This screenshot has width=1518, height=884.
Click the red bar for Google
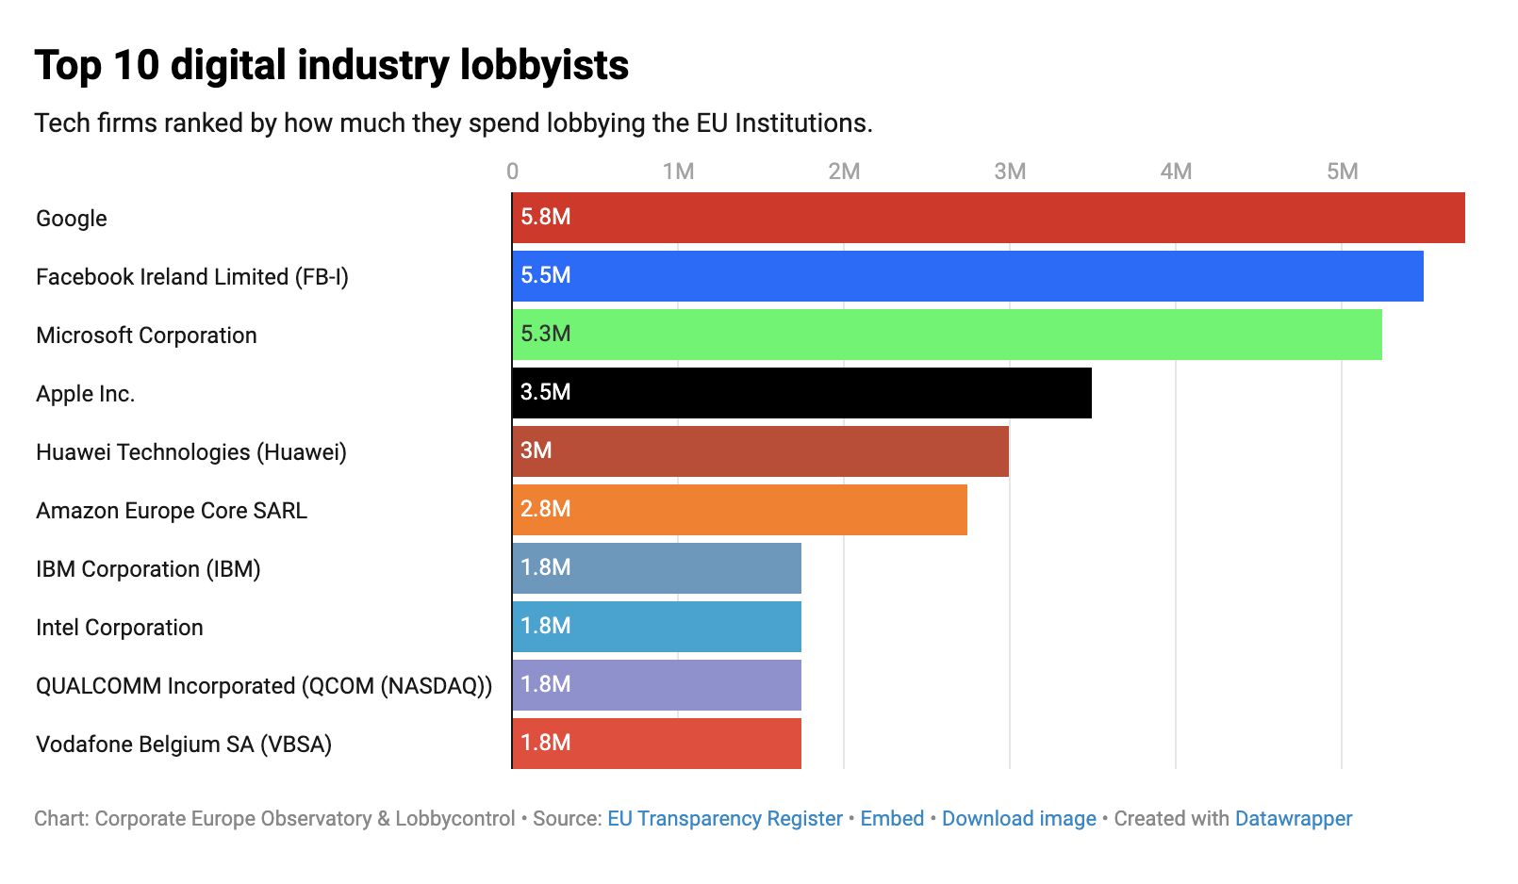pyautogui.click(x=988, y=218)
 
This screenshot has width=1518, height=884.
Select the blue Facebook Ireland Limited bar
pyautogui.click(x=967, y=276)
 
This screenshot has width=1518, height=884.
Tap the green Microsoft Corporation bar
pyautogui.click(x=947, y=335)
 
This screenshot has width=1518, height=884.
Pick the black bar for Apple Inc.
pyautogui.click(x=801, y=393)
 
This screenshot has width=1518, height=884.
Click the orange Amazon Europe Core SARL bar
pyautogui.click(x=739, y=510)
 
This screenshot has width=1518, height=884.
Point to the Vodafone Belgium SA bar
pyautogui.click(x=656, y=744)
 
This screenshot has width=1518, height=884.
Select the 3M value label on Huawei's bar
pyautogui.click(x=536, y=450)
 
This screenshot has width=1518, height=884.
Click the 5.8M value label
pyautogui.click(x=546, y=217)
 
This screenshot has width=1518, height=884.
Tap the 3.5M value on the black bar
pyautogui.click(x=546, y=392)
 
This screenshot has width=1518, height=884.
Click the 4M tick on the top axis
pyautogui.click(x=1176, y=172)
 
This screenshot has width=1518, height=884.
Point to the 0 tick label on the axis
pyautogui.click(x=512, y=172)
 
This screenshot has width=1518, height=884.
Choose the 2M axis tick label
pyautogui.click(x=844, y=172)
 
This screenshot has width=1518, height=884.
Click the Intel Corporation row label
pyautogui.click(x=120, y=628)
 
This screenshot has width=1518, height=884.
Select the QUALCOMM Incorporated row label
pyautogui.click(x=264, y=686)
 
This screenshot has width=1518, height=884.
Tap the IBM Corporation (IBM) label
pyautogui.click(x=148, y=569)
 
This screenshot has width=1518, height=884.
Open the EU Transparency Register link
pyautogui.click(x=724, y=818)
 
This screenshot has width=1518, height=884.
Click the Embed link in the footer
pyautogui.click(x=892, y=818)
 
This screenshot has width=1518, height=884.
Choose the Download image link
pyautogui.click(x=1018, y=818)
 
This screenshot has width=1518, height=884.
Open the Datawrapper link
pyautogui.click(x=1293, y=818)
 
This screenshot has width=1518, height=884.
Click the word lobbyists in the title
pyautogui.click(x=544, y=66)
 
